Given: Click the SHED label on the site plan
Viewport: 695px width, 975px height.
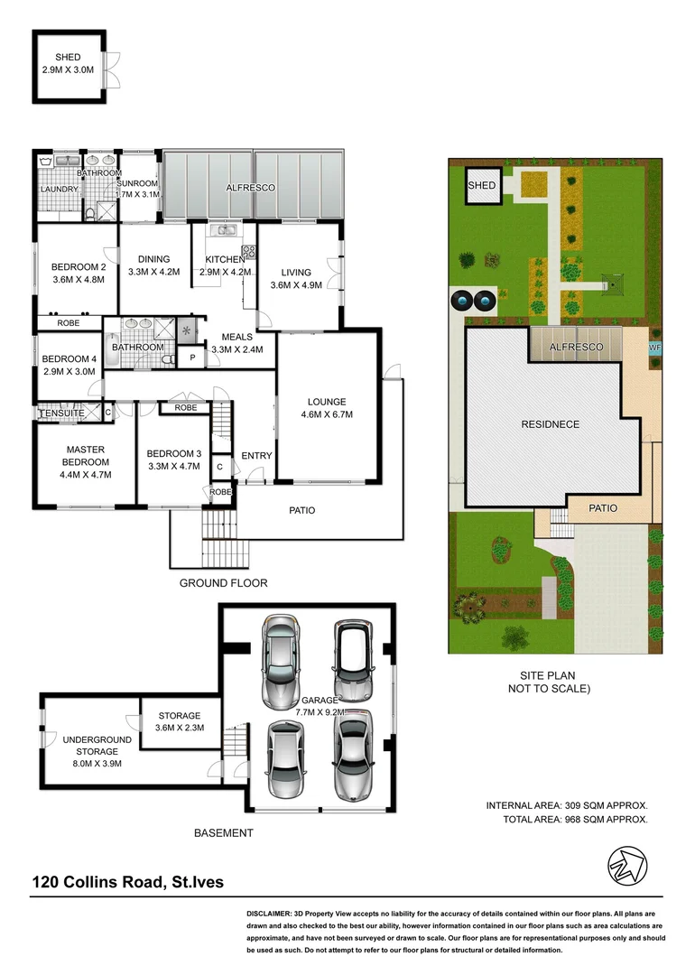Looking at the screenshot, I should pos(481,187).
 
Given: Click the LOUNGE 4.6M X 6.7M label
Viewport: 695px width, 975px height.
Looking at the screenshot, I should pos(326,408).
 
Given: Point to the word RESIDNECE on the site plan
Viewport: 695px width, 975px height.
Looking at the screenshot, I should pos(549,423).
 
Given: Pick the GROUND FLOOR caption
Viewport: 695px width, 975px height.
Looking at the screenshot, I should pos(223,583).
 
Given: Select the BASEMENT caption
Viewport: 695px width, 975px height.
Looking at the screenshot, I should pos(224,833).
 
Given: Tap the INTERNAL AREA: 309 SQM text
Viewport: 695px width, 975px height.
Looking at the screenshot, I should pos(567,804).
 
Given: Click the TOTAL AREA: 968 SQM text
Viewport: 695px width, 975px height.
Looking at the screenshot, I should pos(575,819).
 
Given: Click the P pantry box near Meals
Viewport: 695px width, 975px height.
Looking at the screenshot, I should pos(192,357).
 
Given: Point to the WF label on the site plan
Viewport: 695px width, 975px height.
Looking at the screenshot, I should pos(654,347).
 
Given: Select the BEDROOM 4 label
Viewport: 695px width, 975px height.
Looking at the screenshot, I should pos(69,365).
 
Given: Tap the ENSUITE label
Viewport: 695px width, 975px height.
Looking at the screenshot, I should pos(62,413).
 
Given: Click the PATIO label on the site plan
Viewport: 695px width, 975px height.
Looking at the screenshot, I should pos(603,508).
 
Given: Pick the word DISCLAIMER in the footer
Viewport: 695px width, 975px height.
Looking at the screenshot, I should pos(274,915).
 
